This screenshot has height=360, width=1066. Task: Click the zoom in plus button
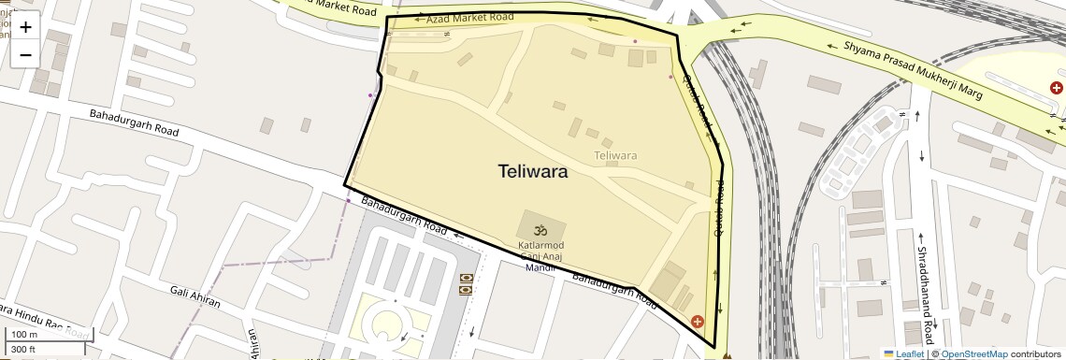point(25,27)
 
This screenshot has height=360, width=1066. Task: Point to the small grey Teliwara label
point(615,155)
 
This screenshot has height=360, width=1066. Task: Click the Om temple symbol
point(540,230)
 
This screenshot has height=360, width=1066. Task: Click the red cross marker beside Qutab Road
point(698,322)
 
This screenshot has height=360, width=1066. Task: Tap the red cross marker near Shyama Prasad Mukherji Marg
point(1057,88)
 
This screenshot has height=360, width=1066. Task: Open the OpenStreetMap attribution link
point(973,353)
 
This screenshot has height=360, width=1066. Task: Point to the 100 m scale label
point(25,335)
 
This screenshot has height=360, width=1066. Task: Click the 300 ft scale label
point(23,350)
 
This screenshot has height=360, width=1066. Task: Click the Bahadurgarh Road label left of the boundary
point(134,123)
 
